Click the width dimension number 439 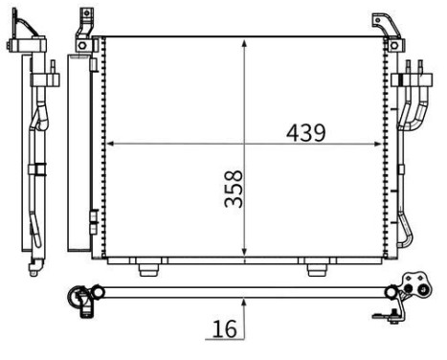[305, 132]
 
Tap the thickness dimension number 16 [223, 328]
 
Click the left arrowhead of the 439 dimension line [108, 145]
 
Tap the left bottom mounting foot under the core [149, 268]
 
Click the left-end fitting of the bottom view [80, 297]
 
